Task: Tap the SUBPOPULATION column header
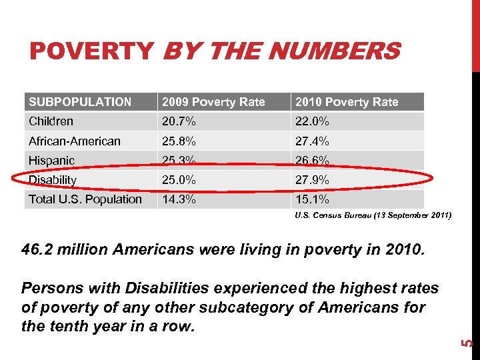80,102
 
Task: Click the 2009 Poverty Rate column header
213,102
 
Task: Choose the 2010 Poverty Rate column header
347,102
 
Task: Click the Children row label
51,121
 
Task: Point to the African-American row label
75,141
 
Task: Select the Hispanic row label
51,161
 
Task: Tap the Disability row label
53,180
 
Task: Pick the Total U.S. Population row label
85,199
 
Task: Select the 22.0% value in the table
312,121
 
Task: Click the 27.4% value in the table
312,141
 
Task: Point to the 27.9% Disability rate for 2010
312,180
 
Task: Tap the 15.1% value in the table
312,199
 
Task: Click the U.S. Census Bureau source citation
373,216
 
